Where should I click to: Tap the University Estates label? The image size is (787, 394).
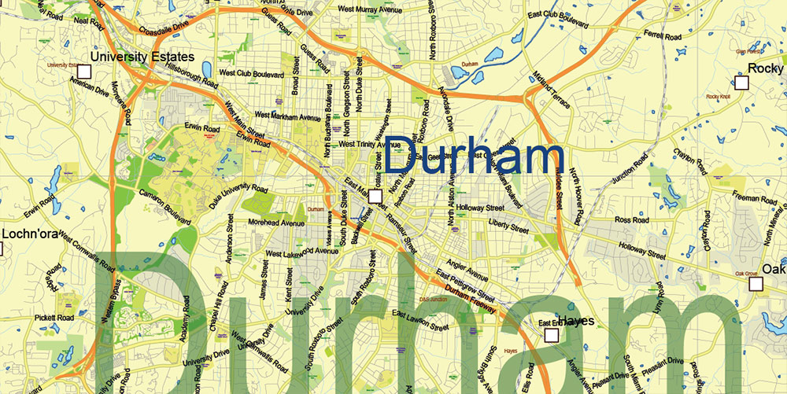pyautogui.click(x=142, y=57)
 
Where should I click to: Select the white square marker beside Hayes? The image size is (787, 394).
pyautogui.click(x=551, y=336)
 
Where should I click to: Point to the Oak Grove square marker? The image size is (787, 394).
pyautogui.click(x=756, y=285)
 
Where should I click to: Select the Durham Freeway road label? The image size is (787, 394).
pyautogui.click(x=469, y=300)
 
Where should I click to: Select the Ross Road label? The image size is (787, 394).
pyautogui.click(x=630, y=220)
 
